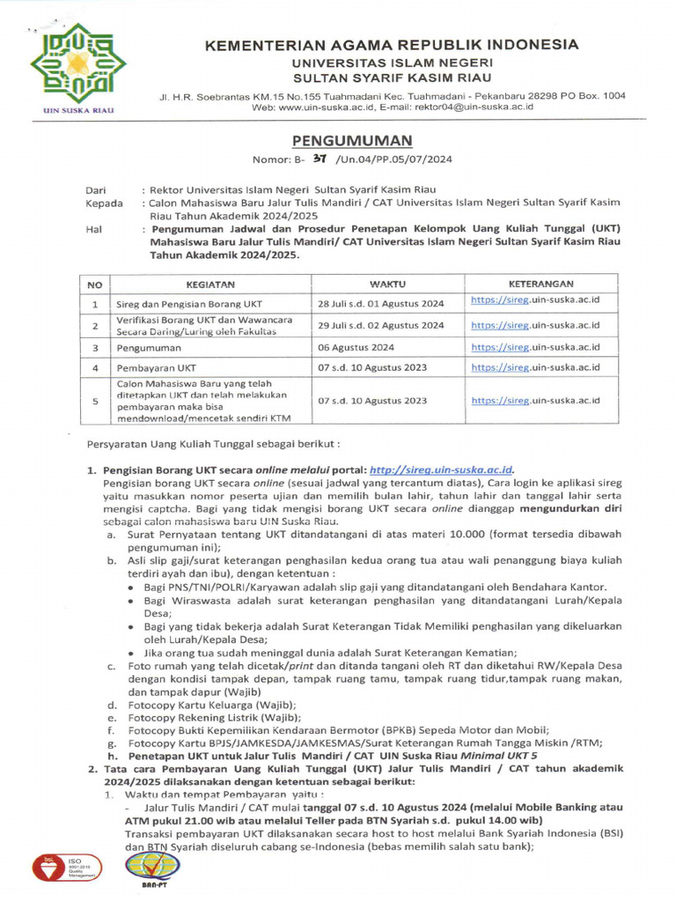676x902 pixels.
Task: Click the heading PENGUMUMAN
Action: [350, 141]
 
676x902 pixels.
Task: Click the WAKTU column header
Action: [386, 285]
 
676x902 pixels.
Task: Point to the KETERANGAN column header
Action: [541, 285]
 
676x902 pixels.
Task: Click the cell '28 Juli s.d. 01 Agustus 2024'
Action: [379, 303]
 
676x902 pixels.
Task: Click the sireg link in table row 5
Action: [535, 400]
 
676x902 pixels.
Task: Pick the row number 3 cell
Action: [94, 347]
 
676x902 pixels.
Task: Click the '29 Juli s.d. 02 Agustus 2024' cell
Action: [380, 325]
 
